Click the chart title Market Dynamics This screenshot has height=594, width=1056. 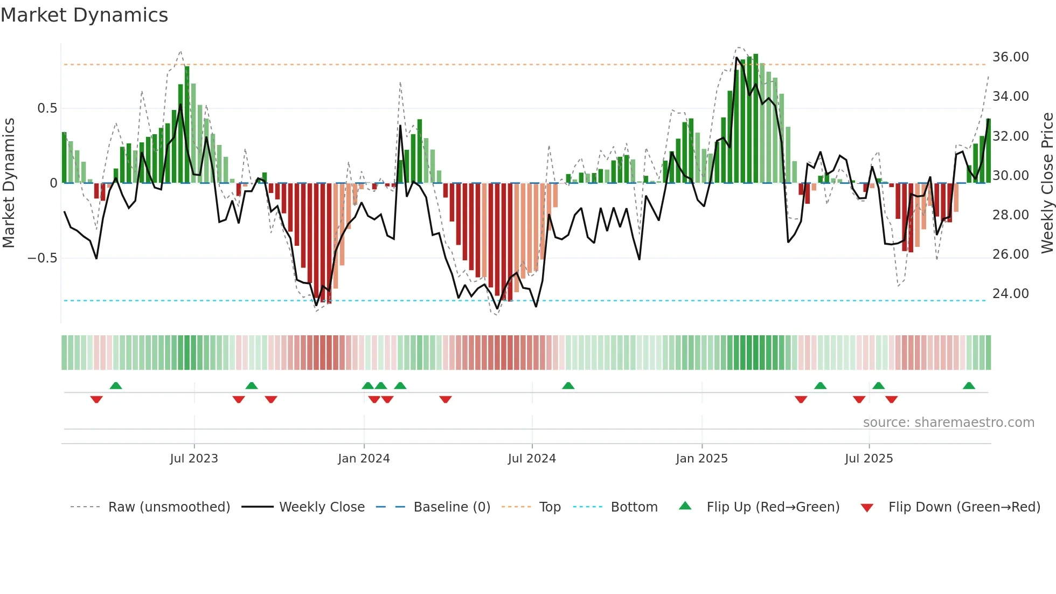(85, 15)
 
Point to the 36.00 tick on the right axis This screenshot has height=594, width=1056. (1010, 57)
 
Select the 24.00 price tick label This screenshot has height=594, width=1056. (1010, 294)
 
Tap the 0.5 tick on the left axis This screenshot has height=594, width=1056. (47, 108)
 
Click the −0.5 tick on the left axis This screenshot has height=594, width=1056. (43, 258)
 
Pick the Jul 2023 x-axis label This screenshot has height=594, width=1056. (194, 459)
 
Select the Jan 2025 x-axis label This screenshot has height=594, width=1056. (701, 459)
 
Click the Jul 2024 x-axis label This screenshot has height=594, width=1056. (532, 459)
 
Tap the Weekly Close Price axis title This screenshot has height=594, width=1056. (1047, 183)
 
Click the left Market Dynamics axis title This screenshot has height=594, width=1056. (9, 183)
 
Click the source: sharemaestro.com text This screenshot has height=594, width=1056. (948, 423)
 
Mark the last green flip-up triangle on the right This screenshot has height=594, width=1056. (969, 385)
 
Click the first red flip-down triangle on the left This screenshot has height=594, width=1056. (96, 399)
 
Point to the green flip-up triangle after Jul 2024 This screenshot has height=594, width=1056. (568, 385)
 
